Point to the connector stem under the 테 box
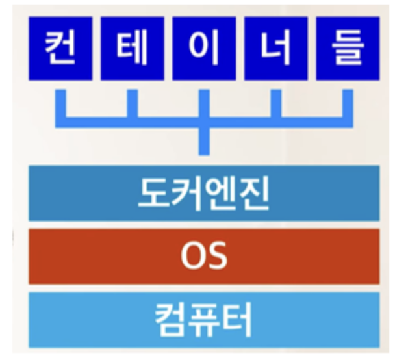click(132, 103)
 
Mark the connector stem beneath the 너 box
click(275, 103)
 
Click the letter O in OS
click(192, 256)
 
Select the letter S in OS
click(217, 256)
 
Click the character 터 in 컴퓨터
click(237, 318)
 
